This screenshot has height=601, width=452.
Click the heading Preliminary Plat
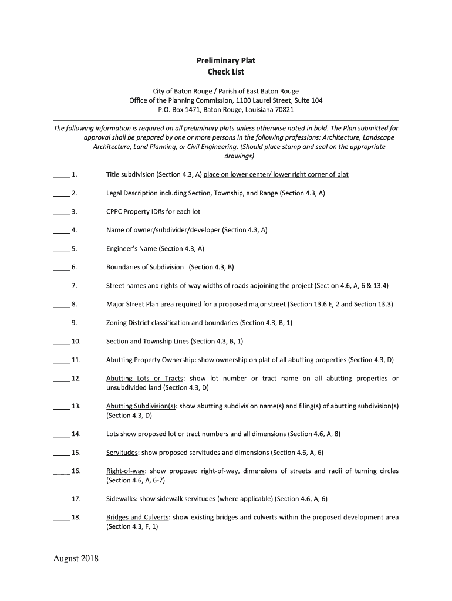(225, 60)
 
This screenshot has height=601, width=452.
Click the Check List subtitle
(225, 72)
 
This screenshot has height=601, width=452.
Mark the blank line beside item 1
(61, 175)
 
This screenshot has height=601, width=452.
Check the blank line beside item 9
(61, 323)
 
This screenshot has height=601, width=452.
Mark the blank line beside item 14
(61, 435)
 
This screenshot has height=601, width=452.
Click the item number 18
(76, 518)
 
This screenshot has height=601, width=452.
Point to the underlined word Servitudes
(122, 453)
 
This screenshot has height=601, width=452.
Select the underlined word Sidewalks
(122, 499)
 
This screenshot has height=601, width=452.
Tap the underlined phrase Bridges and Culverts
(138, 518)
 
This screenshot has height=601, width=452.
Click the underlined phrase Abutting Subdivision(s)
(141, 406)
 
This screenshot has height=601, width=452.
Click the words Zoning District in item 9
(127, 323)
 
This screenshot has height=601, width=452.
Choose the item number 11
(76, 360)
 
